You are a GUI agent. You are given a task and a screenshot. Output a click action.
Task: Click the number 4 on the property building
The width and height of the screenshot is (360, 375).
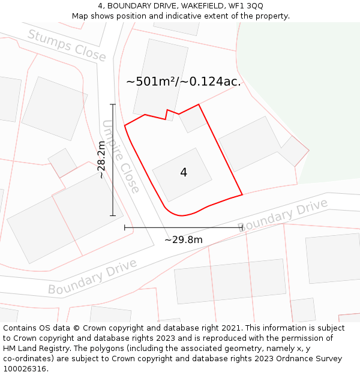tap(184, 172)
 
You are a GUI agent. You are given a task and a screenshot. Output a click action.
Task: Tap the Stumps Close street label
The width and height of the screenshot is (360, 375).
tap(67, 46)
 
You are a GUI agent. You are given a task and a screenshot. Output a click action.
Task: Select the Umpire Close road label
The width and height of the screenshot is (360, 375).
tap(121, 157)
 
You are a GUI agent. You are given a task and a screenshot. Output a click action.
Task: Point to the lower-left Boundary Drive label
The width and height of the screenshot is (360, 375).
tap(92, 277)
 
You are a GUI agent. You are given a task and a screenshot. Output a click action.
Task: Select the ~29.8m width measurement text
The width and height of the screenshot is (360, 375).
tap(184, 240)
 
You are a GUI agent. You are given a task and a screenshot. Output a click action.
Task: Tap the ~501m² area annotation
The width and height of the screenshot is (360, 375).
tap(154, 82)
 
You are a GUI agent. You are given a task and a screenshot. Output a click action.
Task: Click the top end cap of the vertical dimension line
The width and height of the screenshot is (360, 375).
tap(113, 104)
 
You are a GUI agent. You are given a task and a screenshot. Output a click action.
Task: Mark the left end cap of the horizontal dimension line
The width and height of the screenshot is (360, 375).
tap(125, 227)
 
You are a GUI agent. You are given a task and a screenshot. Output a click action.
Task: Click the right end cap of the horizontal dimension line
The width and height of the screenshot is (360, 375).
tap(242, 227)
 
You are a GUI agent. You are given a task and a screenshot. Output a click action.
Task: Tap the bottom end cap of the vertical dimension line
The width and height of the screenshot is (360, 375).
tap(113, 215)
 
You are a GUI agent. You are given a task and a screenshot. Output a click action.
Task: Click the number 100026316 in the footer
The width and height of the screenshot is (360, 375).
tap(25, 368)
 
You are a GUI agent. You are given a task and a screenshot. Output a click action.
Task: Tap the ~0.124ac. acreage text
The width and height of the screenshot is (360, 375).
tap(215, 82)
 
